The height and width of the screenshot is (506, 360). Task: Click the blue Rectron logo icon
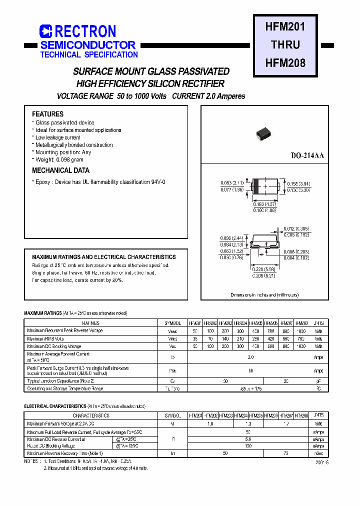[x=45, y=31]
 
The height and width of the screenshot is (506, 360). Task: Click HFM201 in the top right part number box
[x=285, y=26]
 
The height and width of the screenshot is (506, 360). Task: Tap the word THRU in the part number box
[x=285, y=45]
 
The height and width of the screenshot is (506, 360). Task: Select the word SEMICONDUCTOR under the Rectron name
[x=87, y=45]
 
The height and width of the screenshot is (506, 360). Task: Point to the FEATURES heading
[x=47, y=114]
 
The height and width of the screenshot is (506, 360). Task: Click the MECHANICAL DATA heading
[x=60, y=170]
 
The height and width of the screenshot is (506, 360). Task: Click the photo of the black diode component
[x=263, y=132]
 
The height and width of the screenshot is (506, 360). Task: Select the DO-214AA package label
[x=307, y=156]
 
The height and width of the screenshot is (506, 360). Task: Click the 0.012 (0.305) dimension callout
[x=296, y=229]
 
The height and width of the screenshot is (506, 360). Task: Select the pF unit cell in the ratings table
[x=318, y=381]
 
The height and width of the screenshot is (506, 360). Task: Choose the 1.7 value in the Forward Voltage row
[x=286, y=424]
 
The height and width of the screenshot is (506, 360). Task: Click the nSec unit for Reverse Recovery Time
[x=318, y=453]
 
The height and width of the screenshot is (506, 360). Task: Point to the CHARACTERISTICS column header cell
[x=91, y=415]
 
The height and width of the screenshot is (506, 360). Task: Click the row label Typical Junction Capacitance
[x=60, y=381]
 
